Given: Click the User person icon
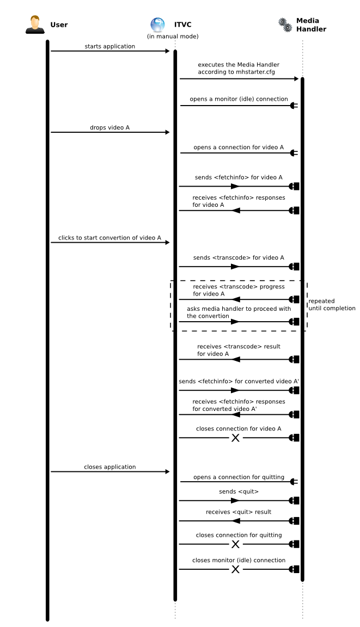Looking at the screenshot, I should tap(34, 24).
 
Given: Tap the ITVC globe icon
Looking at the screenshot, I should tap(157, 24).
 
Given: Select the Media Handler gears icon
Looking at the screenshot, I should tap(285, 24).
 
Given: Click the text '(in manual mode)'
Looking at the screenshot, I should tap(173, 36).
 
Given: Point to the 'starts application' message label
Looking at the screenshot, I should tap(109, 46).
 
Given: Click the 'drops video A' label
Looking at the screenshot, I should tap(109, 128).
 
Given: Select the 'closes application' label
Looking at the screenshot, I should tap(109, 467).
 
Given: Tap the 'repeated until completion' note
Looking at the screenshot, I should tap(331, 304).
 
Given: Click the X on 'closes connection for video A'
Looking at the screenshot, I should tap(235, 437).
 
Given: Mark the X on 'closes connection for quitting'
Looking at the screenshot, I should tap(235, 544).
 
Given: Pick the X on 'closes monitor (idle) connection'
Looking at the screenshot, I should tap(235, 569).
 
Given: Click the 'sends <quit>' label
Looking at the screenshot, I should tap(239, 491).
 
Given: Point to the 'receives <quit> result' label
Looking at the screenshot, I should tap(239, 512).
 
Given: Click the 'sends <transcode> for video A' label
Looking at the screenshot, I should tap(239, 257).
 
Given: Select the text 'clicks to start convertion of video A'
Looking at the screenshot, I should tap(110, 238).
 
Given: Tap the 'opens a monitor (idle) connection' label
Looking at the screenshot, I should tap(239, 99).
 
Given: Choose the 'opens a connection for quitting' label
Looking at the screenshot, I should tap(239, 477).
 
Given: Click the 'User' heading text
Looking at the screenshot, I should tap(59, 24).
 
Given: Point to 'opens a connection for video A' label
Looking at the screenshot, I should tap(239, 147).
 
